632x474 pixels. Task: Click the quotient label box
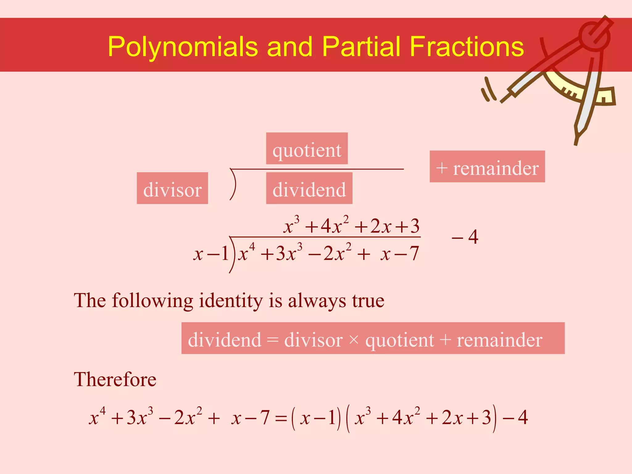(307, 148)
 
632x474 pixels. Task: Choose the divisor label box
(172, 188)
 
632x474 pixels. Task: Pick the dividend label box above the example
(309, 188)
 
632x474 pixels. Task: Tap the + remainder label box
(487, 167)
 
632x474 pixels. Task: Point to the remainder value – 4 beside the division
(465, 237)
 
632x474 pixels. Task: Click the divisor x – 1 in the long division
(211, 254)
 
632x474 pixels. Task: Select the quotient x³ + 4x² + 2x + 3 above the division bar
(351, 226)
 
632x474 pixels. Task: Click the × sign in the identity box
(354, 340)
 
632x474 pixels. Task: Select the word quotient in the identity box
(400, 340)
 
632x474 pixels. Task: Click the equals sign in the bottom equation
(281, 418)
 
